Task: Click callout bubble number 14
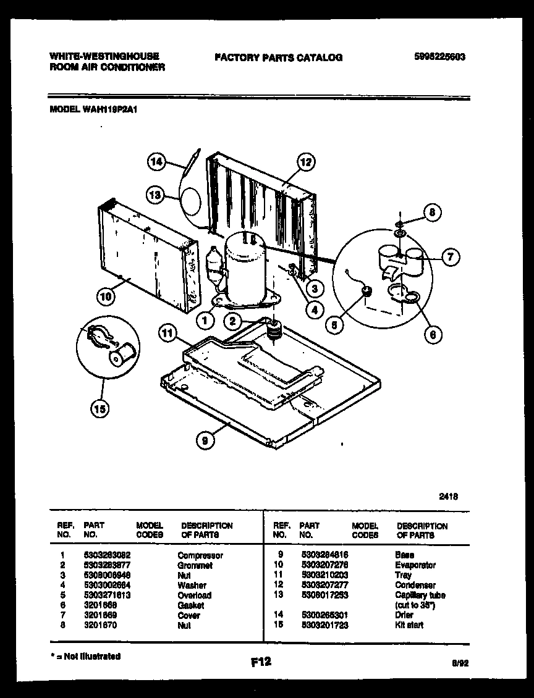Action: point(157,162)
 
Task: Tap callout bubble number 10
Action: point(106,296)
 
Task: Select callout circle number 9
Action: point(205,440)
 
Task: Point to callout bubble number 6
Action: point(433,334)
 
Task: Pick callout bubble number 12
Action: point(305,162)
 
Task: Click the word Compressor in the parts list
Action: point(200,555)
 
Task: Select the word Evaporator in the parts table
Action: point(415,565)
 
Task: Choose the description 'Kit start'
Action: point(409,625)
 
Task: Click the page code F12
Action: point(261,662)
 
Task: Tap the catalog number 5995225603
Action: point(439,57)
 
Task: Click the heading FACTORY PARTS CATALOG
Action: point(278,57)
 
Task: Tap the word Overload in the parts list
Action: point(194,595)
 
